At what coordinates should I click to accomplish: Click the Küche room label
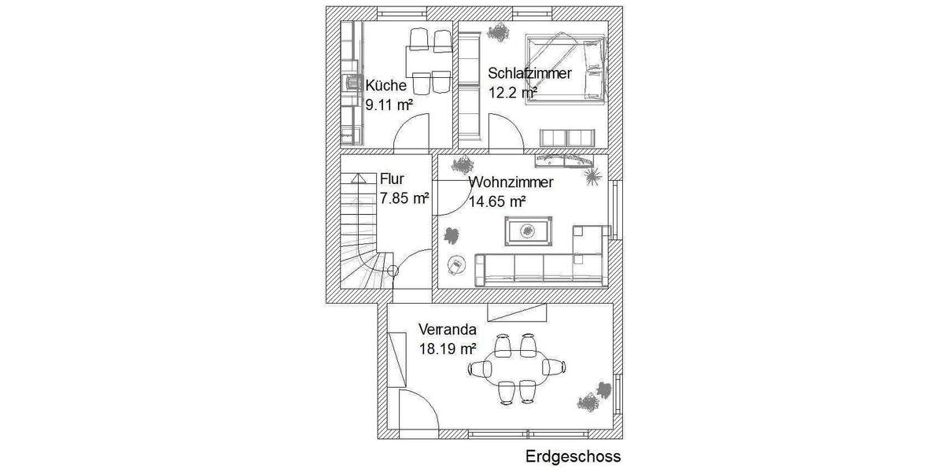(385, 86)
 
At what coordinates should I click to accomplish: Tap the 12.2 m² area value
(512, 91)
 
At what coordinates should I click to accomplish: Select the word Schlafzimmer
(528, 73)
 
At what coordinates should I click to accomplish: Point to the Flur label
(392, 180)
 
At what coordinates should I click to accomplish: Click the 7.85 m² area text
(404, 198)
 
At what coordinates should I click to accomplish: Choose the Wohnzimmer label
(511, 183)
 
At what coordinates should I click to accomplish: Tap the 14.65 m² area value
(497, 201)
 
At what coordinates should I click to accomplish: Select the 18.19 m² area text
(448, 348)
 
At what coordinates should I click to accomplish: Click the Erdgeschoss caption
(573, 456)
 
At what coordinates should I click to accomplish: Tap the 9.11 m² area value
(389, 104)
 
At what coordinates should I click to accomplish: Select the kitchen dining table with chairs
(429, 59)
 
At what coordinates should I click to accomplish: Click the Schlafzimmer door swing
(506, 131)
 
